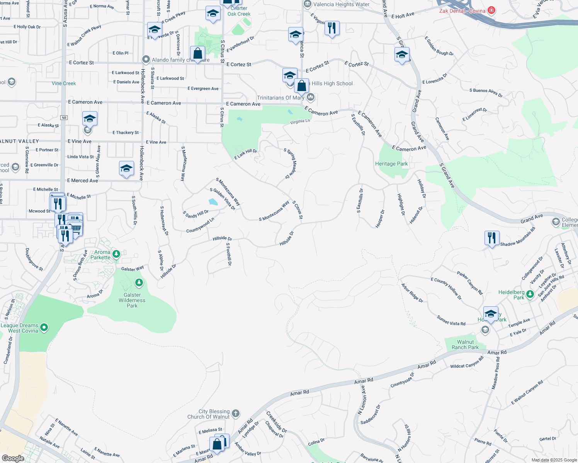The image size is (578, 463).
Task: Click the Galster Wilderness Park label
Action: [132, 300]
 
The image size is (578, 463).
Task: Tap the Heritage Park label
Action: [391, 164]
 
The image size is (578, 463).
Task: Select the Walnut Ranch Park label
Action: [465, 345]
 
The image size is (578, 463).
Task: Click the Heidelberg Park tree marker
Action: [530, 294]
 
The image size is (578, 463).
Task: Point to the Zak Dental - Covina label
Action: [462, 11]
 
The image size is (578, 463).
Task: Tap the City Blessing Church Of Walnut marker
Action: [236, 414]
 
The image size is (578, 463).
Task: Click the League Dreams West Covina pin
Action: [44, 328]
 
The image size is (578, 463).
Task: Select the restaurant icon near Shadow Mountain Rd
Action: [491, 238]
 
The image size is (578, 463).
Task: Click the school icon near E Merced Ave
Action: [126, 169]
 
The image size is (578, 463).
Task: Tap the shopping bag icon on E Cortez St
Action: [197, 54]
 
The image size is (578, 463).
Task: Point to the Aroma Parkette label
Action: [100, 255]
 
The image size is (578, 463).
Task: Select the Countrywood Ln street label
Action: [200, 225]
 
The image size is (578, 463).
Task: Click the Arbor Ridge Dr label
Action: [412, 293]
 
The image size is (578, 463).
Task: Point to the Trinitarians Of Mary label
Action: [281, 98]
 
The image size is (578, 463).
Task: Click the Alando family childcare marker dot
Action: [146, 59]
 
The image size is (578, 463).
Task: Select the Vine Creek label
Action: [64, 83]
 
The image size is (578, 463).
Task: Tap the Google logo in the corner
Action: [13, 458]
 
